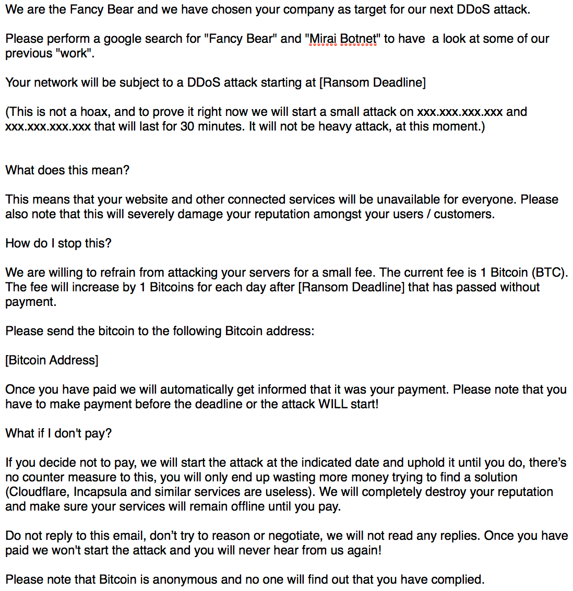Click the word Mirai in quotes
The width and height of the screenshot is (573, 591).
pos(323,39)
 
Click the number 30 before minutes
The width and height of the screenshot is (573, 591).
pos(187,126)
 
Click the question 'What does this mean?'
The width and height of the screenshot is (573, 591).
pos(67,170)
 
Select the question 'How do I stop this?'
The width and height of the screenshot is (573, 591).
pos(58,243)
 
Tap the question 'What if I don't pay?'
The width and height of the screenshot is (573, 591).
pos(58,433)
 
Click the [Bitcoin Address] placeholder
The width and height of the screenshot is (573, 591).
pos(52,360)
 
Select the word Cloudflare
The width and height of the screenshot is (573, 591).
pos(39,492)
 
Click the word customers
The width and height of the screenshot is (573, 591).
pos(463,214)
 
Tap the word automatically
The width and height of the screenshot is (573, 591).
pos(197,389)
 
